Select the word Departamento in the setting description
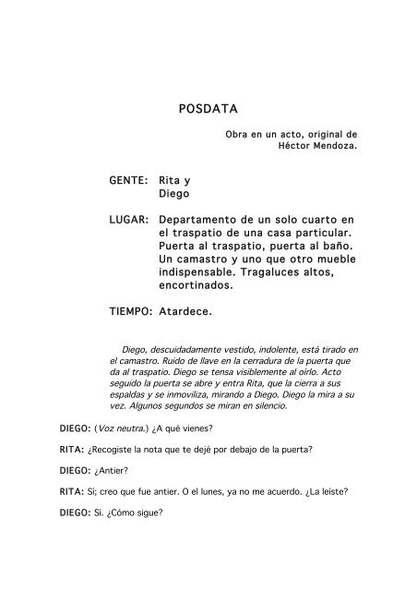[x=199, y=219]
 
